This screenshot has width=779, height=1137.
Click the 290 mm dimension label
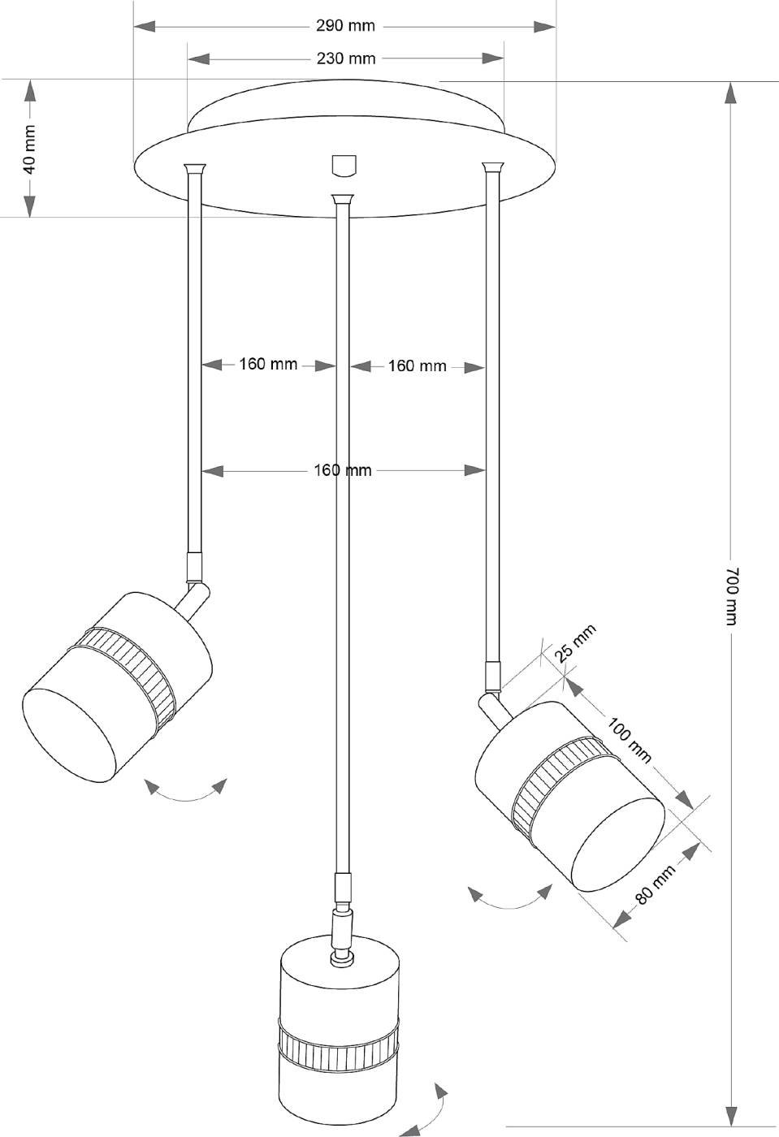pos(345,26)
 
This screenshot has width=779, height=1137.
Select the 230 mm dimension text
pos(345,58)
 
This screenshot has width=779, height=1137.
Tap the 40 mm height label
pos(29,149)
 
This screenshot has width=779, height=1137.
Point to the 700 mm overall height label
pos(731,595)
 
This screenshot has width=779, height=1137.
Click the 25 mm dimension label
pos(575,642)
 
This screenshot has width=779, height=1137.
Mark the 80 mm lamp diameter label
pos(655,884)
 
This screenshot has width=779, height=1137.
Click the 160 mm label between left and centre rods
pos(268,364)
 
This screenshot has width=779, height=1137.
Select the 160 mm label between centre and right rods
pos(417,366)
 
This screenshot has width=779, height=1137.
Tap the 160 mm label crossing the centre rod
pos(342,470)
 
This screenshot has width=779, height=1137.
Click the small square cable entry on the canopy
pos(344,164)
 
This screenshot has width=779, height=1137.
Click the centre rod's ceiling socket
pos(342,199)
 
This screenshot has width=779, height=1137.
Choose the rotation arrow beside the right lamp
pos(510,898)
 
